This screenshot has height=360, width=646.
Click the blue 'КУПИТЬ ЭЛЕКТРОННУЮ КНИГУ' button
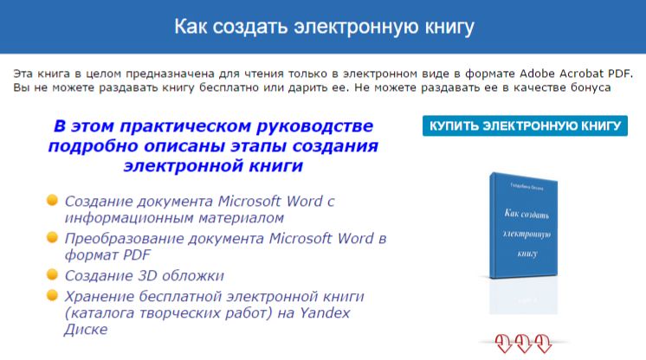click(525, 125)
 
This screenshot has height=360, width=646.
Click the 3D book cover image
click(523, 226)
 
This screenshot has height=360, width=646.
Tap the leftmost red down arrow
click(503, 344)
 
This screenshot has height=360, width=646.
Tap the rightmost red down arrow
click(543, 344)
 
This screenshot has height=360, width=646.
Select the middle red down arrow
click(523, 344)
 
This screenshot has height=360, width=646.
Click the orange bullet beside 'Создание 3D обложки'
click(52, 274)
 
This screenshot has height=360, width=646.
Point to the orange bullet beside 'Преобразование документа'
click(52, 237)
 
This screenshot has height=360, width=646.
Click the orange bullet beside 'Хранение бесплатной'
click(52, 295)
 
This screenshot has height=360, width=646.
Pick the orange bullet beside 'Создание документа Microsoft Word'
click(52, 200)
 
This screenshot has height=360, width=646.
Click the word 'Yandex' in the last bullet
click(325, 313)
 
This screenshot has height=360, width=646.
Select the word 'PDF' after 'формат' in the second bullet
click(136, 255)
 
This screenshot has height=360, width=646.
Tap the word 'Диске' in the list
click(86, 330)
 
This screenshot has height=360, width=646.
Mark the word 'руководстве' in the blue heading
click(314, 126)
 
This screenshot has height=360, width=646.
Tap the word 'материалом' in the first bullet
click(241, 218)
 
